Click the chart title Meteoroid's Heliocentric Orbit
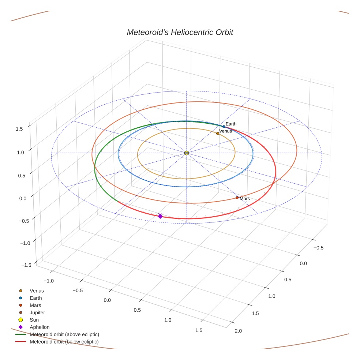[x=180, y=32]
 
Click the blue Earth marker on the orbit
[x=224, y=127]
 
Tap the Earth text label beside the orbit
[x=231, y=124]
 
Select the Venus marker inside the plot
[x=218, y=134]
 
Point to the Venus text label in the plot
[x=225, y=131]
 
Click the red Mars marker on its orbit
[x=237, y=198]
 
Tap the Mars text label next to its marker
[x=245, y=199]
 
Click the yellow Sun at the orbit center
[x=187, y=153]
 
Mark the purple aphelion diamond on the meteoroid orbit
[x=160, y=216]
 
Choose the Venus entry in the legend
[x=37, y=291]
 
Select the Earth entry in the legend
[x=36, y=298]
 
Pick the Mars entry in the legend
[x=35, y=305]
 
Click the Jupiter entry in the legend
[x=37, y=313]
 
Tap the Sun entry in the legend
[x=34, y=320]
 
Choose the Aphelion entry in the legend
[x=40, y=327]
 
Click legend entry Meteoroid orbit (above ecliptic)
[x=64, y=334]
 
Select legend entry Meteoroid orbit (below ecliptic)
[x=64, y=342]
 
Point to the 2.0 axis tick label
[x=238, y=331]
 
